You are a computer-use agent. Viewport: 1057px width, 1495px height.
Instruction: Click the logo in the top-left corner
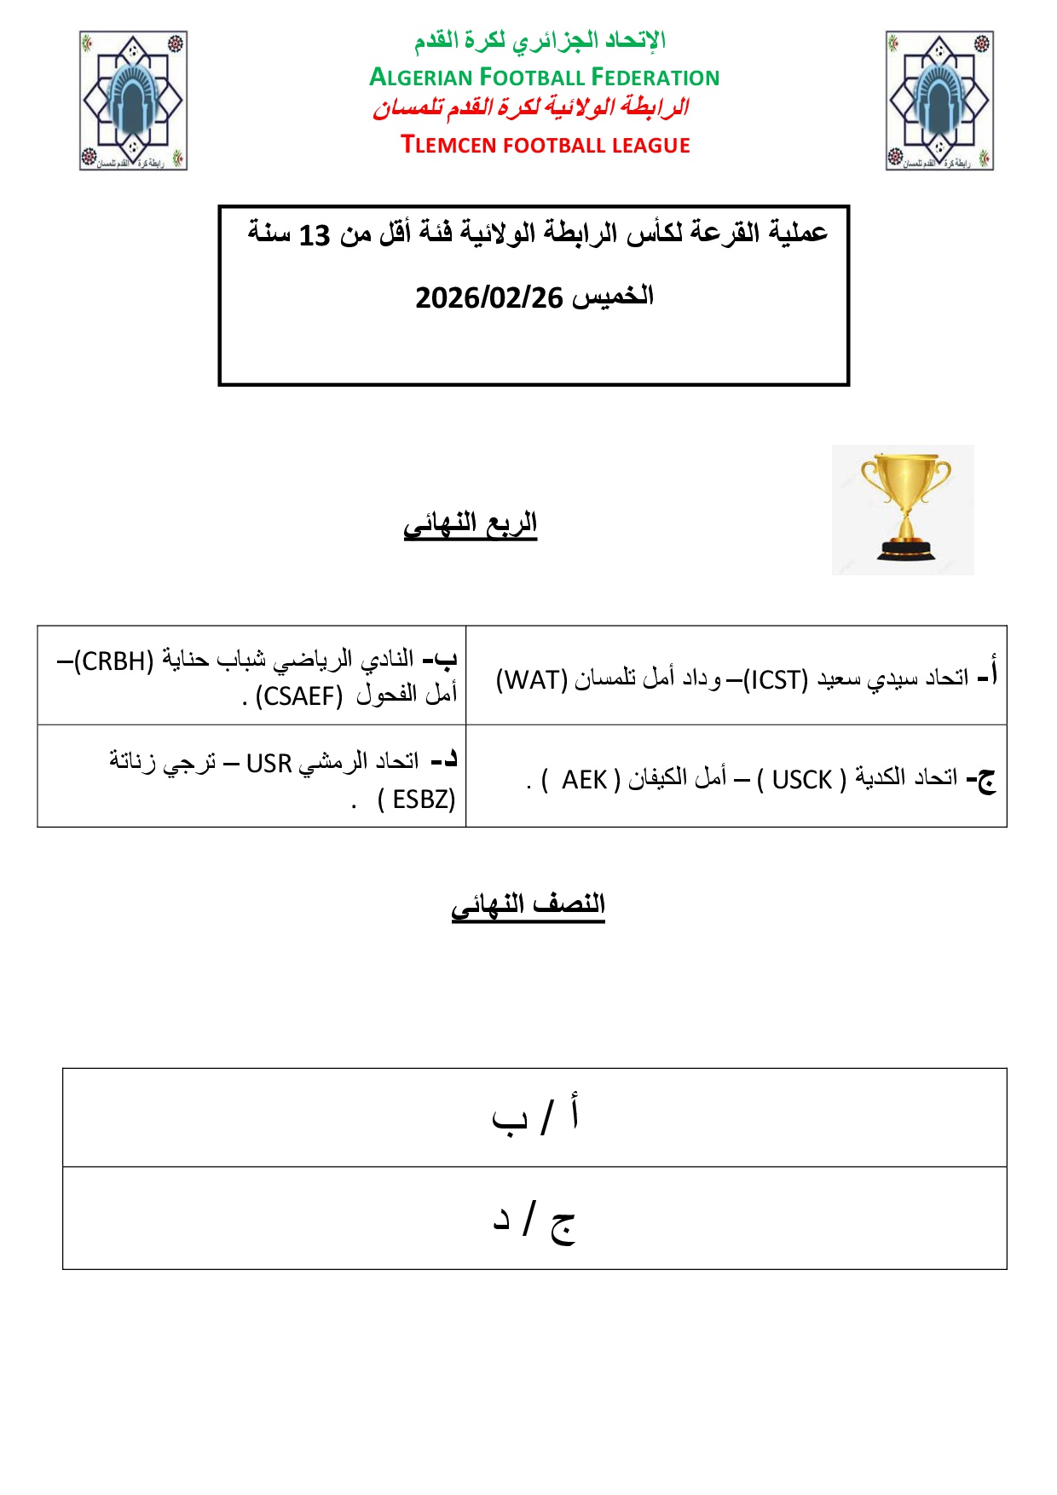coord(133,101)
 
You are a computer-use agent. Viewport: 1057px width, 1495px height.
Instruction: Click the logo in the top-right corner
coord(939,101)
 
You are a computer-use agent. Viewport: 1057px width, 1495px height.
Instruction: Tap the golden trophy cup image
coord(904,509)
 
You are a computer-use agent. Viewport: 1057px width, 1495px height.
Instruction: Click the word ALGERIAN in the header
coord(421,78)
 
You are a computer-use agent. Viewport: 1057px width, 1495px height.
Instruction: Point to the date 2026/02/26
coord(489,298)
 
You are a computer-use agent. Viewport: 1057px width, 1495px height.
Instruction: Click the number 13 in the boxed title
coord(314,235)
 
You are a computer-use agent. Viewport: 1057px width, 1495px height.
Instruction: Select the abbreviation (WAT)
coord(532,680)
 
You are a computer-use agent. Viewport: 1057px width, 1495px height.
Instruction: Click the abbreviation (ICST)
coord(776,680)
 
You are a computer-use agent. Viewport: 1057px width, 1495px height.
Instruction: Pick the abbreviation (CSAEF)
coord(299,696)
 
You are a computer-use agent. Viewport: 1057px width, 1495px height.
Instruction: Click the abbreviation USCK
coord(801,780)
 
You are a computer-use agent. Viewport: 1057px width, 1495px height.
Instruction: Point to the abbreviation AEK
coord(584,780)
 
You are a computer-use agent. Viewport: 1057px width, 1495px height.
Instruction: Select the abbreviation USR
coord(269,763)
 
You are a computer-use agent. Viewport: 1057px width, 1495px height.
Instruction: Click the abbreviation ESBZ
coord(422,799)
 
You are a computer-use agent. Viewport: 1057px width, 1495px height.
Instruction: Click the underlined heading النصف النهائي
coord(528,904)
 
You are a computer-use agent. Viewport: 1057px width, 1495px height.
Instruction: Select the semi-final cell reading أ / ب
coord(534,1117)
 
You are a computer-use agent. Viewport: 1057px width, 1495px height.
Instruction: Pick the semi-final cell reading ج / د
coord(534,1219)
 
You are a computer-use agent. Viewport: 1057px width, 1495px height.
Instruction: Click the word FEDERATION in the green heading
coord(655,78)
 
